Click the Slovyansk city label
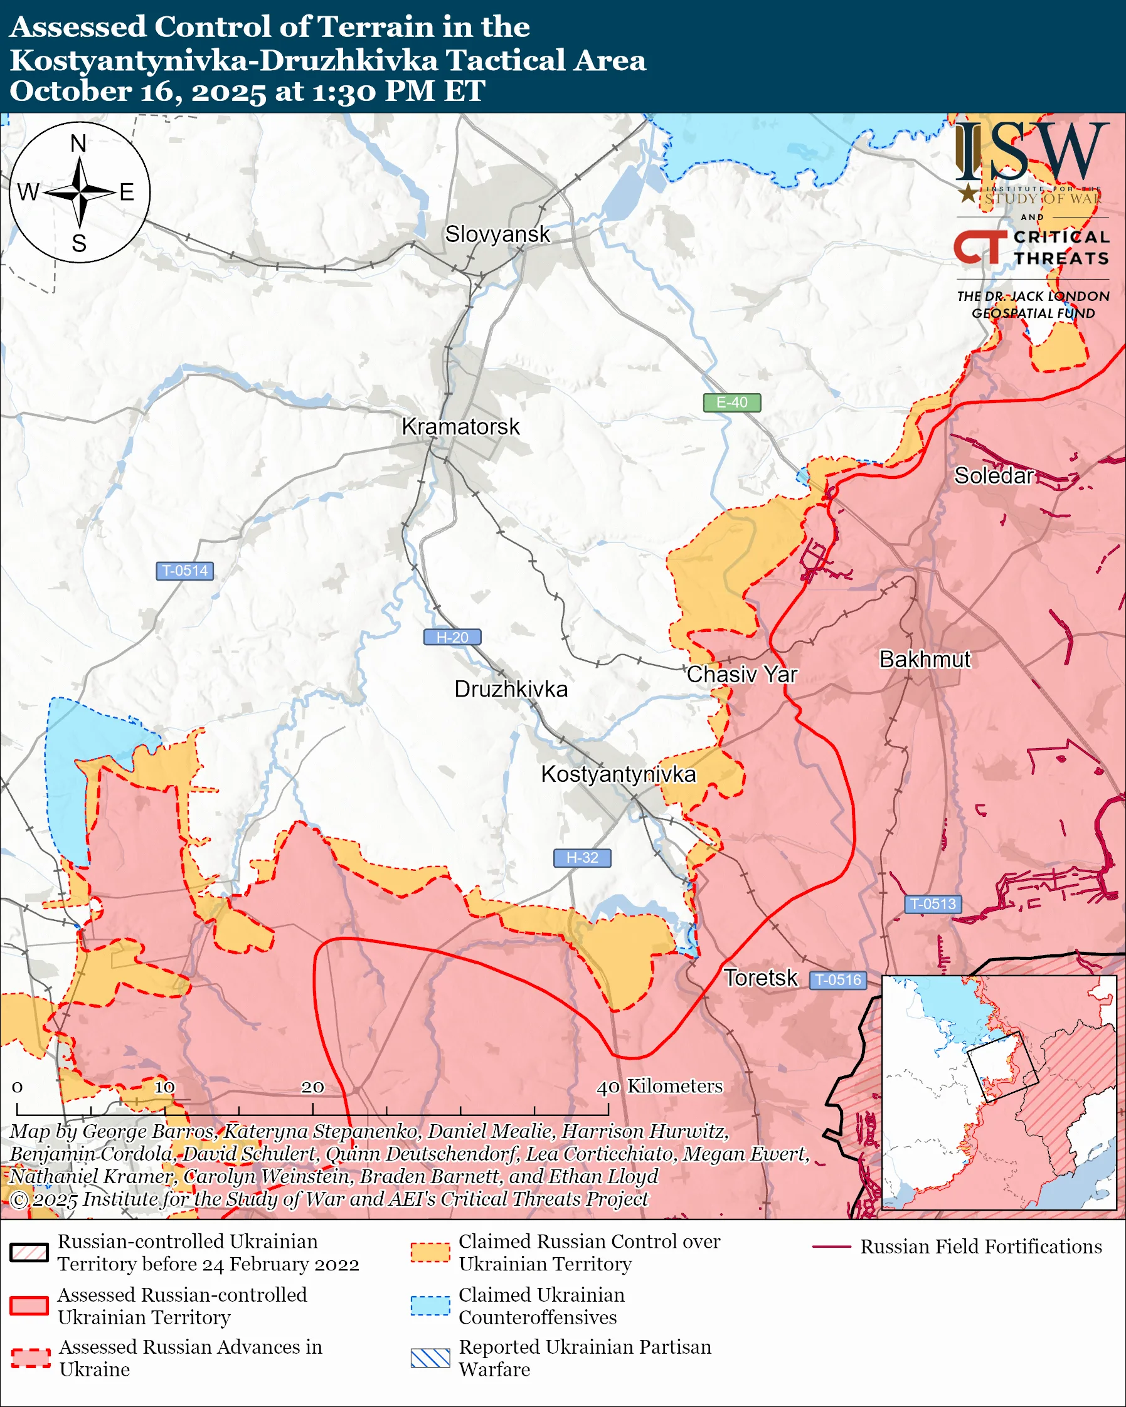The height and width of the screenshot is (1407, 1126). [x=497, y=234]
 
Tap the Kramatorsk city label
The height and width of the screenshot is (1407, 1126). [x=461, y=427]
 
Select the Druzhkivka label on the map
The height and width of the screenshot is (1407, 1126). [x=511, y=689]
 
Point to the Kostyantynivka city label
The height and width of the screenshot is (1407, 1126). [x=618, y=774]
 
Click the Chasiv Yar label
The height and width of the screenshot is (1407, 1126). [x=741, y=674]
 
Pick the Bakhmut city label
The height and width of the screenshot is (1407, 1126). [x=925, y=659]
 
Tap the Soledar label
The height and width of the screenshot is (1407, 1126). [x=994, y=476]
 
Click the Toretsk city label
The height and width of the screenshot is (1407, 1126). [x=760, y=978]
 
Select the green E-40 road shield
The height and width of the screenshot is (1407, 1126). [x=731, y=403]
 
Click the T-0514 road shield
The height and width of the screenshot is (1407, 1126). [x=184, y=571]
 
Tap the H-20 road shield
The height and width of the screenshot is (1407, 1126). [x=452, y=637]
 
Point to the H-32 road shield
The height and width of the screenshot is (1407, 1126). [x=582, y=858]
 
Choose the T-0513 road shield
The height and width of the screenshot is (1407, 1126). [x=933, y=904]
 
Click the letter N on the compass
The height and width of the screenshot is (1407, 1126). [x=78, y=143]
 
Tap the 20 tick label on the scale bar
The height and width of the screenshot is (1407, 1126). [x=312, y=1087]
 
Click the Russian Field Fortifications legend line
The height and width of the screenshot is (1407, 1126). [x=832, y=1247]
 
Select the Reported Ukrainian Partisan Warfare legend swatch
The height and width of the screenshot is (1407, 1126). [x=430, y=1358]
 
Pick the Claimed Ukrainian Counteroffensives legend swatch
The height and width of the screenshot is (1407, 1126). [x=430, y=1306]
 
